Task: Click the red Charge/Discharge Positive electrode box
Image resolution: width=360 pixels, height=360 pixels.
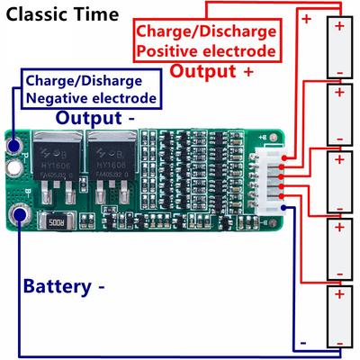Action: [206, 41]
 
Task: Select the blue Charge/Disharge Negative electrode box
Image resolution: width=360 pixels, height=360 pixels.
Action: [94, 87]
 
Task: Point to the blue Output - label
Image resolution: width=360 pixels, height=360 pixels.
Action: [95, 117]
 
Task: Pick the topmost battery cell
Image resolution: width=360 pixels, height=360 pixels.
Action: [338, 49]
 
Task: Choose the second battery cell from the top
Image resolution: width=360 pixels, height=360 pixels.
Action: [338, 114]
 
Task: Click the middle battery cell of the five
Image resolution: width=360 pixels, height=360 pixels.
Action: [338, 180]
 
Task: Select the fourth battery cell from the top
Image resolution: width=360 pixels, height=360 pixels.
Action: [338, 246]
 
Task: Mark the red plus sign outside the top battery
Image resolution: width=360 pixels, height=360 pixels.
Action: [307, 19]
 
